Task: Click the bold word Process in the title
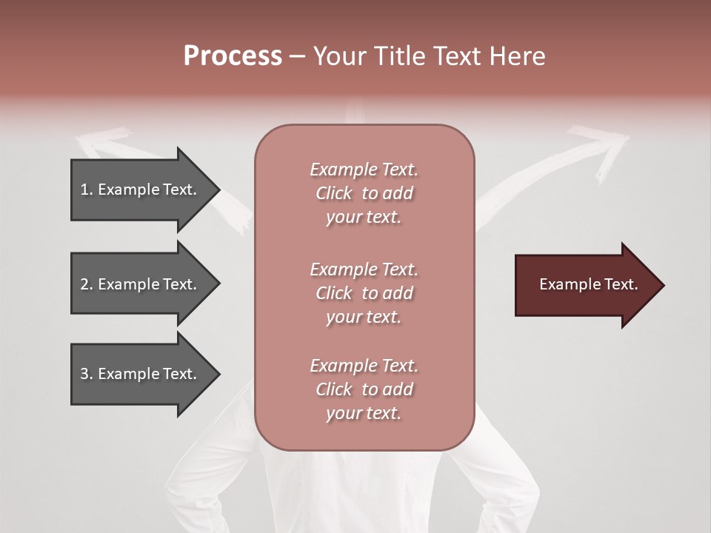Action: (233, 56)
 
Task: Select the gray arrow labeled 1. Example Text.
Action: (141, 190)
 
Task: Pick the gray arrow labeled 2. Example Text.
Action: (141, 284)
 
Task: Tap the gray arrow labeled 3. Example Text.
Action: (141, 374)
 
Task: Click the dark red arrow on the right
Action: (585, 285)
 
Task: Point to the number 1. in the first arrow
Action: (86, 190)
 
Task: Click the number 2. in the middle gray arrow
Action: (86, 284)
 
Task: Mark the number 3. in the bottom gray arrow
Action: (86, 374)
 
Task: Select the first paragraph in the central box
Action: (364, 193)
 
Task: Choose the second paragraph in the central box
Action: (364, 293)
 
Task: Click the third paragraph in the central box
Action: (364, 389)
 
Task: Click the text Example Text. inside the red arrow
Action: (588, 284)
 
